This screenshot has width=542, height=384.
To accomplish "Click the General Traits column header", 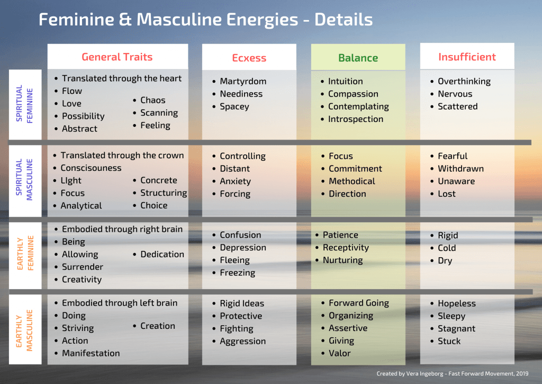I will point(117,57).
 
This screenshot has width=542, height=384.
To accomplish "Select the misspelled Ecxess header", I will point(249,58).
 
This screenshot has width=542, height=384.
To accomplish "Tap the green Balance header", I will point(358,58).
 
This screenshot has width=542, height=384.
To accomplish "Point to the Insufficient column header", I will point(467,57).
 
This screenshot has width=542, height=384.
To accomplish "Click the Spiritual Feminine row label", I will point(24,104).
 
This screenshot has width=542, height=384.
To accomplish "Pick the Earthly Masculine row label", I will point(24,329).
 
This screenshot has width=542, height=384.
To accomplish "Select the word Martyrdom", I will point(243,81).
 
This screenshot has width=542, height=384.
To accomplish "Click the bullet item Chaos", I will point(152,100).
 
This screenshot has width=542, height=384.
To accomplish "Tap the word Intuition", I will point(345,81).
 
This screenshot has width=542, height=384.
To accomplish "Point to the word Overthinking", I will point(464,81).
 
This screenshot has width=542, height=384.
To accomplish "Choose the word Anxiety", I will point(235,181).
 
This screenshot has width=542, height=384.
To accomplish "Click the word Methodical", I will point(351,181).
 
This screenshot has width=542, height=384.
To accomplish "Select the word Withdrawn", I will point(460,169).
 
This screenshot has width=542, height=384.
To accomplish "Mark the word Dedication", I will point(162,255).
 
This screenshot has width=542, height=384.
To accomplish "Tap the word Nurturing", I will point(342,260).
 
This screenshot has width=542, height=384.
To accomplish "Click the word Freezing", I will point(237,273).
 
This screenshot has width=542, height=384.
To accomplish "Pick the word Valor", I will point(339,353).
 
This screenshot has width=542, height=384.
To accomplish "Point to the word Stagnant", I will point(456,329).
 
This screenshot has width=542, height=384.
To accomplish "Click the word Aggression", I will point(242,342).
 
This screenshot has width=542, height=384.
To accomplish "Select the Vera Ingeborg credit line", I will point(456,374).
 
